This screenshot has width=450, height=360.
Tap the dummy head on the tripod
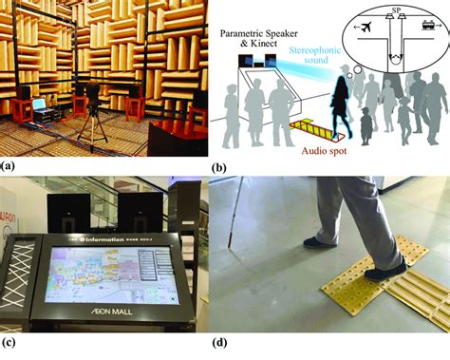click(x=95, y=93)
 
